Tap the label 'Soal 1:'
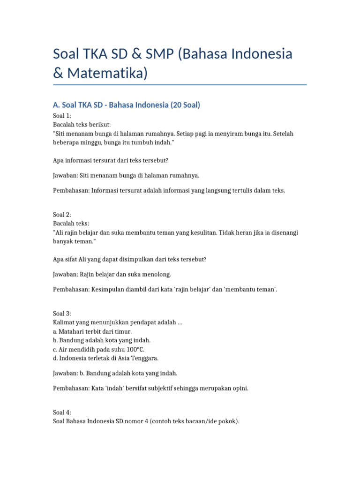point(62,116)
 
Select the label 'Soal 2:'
point(62,214)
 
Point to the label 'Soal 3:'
point(62,314)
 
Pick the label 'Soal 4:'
point(62,412)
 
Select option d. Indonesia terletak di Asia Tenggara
point(105,359)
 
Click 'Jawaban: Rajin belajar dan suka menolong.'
point(112,274)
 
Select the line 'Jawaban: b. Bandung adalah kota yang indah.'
point(115,373)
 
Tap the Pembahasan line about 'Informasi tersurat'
point(169,190)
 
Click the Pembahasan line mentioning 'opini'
point(150,389)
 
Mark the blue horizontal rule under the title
point(180,85)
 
